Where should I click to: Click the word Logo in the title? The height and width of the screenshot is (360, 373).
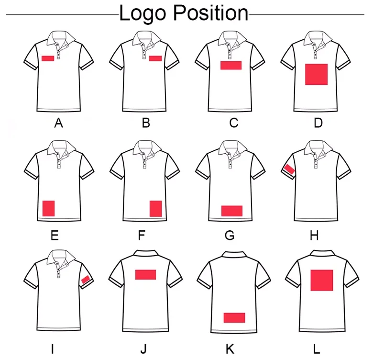[144, 13]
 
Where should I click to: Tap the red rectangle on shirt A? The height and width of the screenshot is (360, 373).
[47, 58]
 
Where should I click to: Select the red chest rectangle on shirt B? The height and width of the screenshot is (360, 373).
[155, 58]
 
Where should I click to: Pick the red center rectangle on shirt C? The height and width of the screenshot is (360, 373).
[231, 66]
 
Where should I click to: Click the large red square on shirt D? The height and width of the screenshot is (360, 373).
[316, 74]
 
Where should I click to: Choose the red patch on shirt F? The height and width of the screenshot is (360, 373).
[156, 209]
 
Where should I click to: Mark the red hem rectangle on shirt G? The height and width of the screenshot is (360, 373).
[232, 211]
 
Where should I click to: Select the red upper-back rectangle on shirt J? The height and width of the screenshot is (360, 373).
[145, 274]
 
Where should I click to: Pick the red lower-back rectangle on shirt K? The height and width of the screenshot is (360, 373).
[234, 317]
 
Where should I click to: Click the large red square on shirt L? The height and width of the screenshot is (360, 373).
[322, 280]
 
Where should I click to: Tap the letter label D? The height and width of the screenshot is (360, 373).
[318, 123]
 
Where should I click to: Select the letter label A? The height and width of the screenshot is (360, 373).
[59, 123]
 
